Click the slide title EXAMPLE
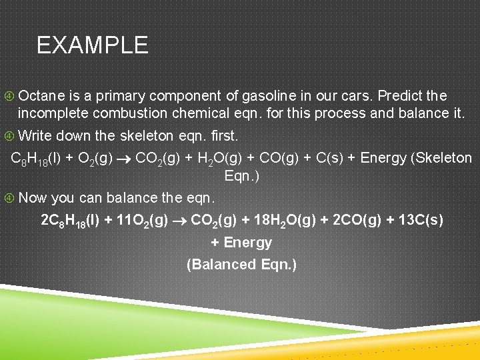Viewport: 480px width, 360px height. pyautogui.click(x=92, y=45)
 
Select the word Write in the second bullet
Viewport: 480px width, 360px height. pyautogui.click(x=35, y=136)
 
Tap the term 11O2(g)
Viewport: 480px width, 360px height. pyautogui.click(x=141, y=220)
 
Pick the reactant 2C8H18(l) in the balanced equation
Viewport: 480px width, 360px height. pyautogui.click(x=69, y=220)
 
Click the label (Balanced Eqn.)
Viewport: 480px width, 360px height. pyautogui.click(x=241, y=265)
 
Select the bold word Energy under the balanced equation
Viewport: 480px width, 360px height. pyautogui.click(x=249, y=243)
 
